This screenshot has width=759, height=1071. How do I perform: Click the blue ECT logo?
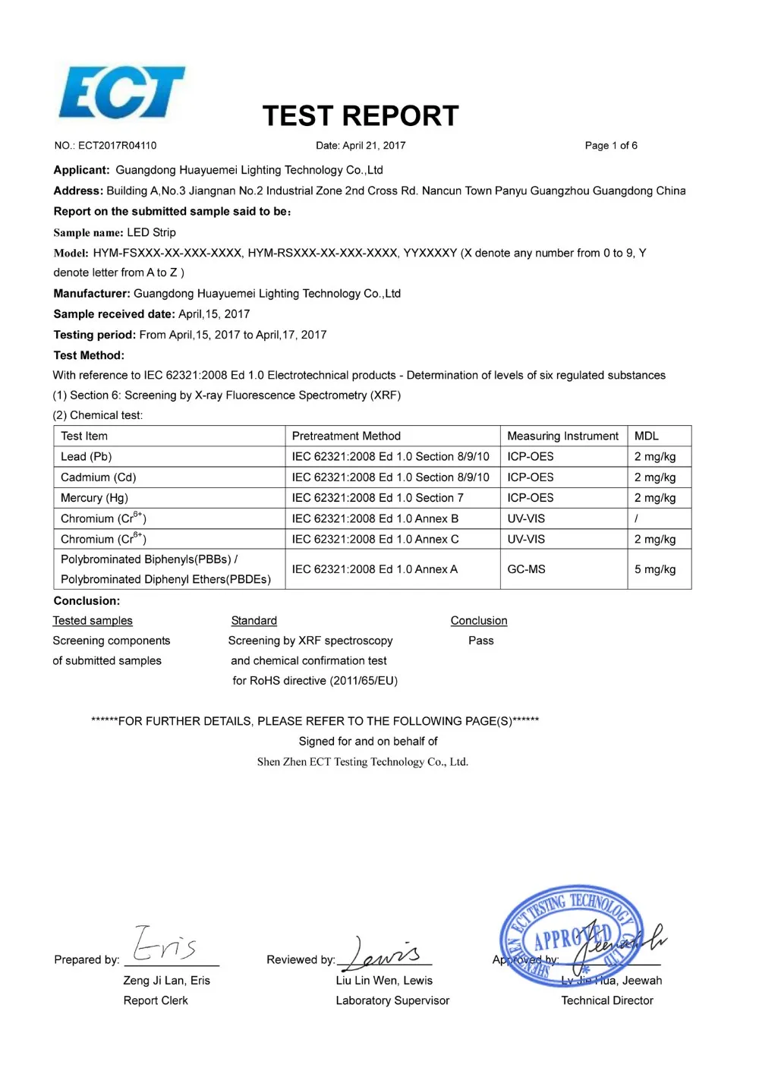(121, 93)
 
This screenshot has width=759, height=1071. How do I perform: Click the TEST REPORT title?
(361, 116)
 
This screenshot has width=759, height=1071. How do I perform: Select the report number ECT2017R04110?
(117, 146)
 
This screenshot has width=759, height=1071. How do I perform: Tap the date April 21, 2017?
(373, 146)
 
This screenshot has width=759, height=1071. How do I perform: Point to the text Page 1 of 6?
(611, 146)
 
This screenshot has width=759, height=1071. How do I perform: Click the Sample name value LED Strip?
(151, 232)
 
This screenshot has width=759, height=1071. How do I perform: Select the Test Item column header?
(84, 436)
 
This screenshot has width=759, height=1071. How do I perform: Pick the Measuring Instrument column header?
(562, 436)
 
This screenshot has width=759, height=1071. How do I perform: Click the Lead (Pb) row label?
(87, 457)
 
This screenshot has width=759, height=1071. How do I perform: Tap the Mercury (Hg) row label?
(94, 498)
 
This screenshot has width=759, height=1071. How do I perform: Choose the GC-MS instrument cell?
(526, 569)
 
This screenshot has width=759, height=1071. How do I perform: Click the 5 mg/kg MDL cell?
(655, 569)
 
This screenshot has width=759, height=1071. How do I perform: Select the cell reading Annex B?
(375, 519)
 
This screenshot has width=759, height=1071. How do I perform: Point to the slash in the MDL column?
(636, 519)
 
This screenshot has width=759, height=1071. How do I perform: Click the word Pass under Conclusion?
(481, 641)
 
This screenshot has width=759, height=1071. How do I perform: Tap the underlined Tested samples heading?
(93, 621)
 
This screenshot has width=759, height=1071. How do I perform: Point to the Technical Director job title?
(607, 1001)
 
